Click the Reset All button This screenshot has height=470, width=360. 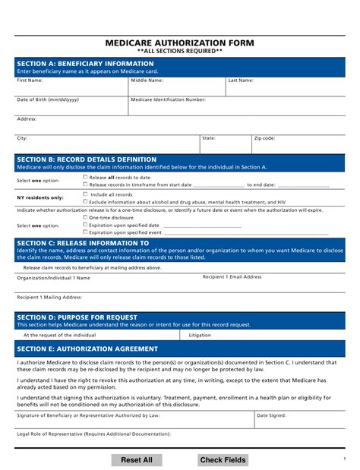pos(137,460)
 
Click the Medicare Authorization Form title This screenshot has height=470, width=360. pos(179,43)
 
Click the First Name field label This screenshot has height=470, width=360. pos(30,80)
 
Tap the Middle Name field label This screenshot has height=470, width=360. pos(147,80)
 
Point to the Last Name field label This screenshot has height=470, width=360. pos(241,80)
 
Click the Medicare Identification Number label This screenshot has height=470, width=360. pos(168,99)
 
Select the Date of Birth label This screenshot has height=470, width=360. pos(47,99)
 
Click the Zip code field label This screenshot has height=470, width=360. pos(264,138)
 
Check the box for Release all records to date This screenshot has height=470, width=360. pos(85,177)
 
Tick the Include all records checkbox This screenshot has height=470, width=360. pos(85,194)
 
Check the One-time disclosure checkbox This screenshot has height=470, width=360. pos(85,217)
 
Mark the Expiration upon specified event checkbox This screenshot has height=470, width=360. pos(85,232)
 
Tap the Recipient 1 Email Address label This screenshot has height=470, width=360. pos(232,277)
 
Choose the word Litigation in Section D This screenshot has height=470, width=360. pos(200,334)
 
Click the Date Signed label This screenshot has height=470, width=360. pos(271,415)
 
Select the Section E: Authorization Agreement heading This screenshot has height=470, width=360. pos(87,349)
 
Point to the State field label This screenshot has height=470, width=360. pos(209,138)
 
